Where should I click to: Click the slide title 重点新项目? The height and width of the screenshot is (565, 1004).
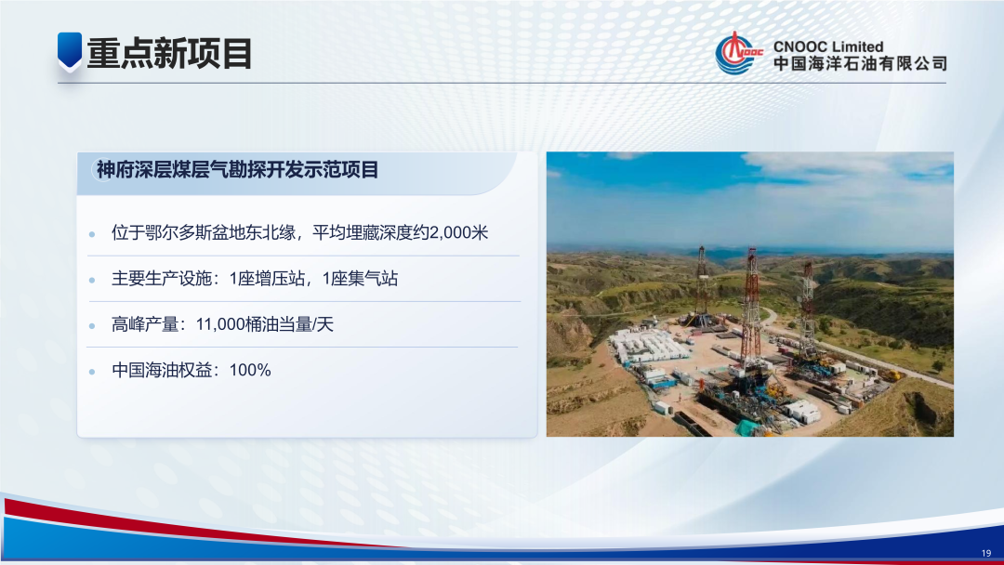169,53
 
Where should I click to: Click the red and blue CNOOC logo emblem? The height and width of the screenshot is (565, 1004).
737,53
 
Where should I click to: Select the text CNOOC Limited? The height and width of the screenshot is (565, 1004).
828,46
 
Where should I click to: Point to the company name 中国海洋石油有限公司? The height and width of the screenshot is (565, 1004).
860,64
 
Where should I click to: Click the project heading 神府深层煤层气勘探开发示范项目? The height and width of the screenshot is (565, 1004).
238,170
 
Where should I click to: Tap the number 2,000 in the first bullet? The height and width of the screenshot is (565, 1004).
450,232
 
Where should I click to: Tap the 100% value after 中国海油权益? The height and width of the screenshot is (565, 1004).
250,370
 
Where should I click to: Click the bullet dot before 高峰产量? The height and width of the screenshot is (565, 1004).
92,325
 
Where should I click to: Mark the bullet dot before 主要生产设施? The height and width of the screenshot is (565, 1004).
92,280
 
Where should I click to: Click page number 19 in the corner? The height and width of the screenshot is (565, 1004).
986,554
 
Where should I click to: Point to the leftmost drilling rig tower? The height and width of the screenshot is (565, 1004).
702,283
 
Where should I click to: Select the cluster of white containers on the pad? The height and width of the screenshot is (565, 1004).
648,347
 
